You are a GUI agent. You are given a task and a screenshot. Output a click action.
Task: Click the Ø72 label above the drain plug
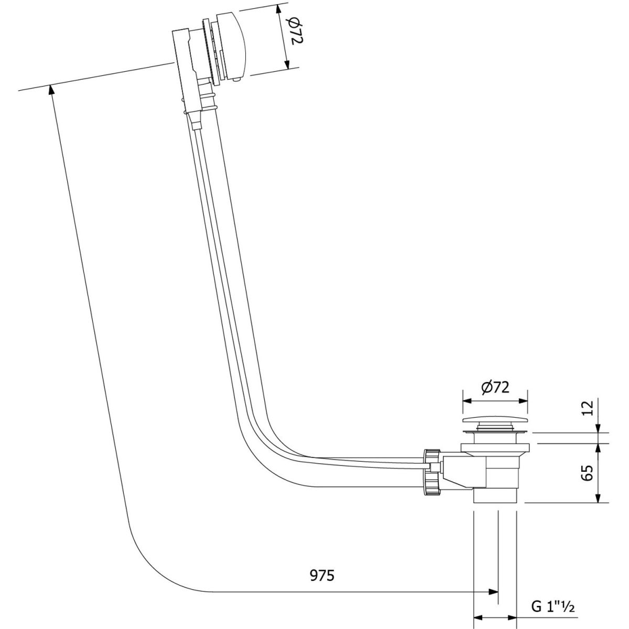[x=495, y=387]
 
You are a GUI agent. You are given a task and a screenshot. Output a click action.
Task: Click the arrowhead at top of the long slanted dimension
[x=51, y=90]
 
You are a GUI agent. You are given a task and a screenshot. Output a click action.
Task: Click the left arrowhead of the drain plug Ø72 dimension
[x=468, y=402]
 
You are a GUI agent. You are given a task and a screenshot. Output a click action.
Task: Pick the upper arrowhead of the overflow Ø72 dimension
[x=279, y=10]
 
